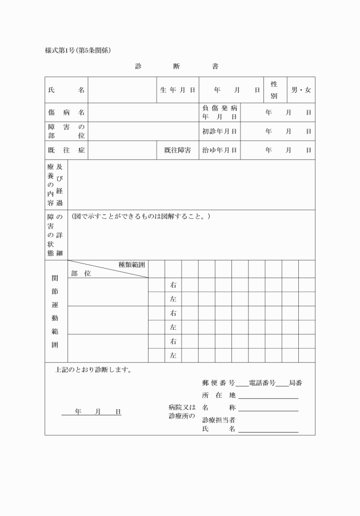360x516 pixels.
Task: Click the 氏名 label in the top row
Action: [66, 90]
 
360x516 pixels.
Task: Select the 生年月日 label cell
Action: [177, 90]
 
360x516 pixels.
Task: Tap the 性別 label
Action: [274, 90]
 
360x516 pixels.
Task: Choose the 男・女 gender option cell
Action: [301, 90]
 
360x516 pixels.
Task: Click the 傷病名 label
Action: [66, 113]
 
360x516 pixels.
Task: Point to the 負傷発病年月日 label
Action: [219, 113]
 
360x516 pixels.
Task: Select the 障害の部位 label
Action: [66, 131]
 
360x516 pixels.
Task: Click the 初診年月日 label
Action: [219, 131]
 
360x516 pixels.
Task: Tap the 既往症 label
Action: [66, 150]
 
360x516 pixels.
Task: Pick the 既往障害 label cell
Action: [177, 150]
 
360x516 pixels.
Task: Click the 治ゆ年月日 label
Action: [219, 150]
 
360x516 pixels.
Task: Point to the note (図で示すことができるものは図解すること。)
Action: [141, 217]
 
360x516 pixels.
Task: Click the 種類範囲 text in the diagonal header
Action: [131, 265]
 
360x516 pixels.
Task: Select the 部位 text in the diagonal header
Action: [81, 273]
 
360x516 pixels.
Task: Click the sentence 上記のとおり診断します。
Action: [94, 370]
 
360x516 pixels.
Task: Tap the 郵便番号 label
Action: [218, 382]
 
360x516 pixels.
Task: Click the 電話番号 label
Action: [262, 382]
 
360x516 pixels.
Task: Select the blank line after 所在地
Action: [269, 396]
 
